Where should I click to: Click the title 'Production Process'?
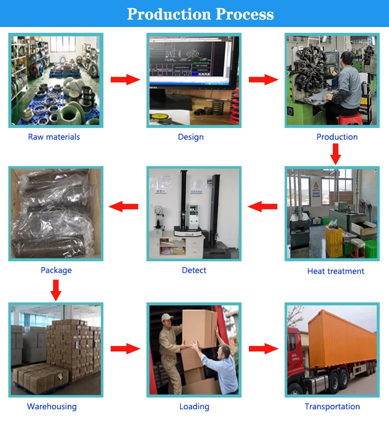(x=200, y=14)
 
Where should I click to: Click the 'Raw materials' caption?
(x=54, y=137)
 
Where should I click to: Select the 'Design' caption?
(x=191, y=137)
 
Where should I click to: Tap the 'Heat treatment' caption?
(x=336, y=271)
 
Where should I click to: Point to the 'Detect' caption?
(x=194, y=270)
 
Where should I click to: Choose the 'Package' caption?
(x=56, y=270)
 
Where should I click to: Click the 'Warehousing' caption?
(x=51, y=406)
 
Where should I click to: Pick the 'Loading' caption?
(x=194, y=406)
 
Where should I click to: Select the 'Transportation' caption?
(x=332, y=406)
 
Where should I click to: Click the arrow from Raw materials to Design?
(x=125, y=79)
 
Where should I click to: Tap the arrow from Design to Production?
(x=264, y=79)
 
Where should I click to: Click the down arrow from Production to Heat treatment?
(x=336, y=154)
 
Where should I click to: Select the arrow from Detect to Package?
(x=123, y=206)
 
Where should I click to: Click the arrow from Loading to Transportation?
(x=264, y=349)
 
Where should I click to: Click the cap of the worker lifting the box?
(x=168, y=317)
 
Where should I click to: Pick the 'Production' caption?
(x=337, y=137)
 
